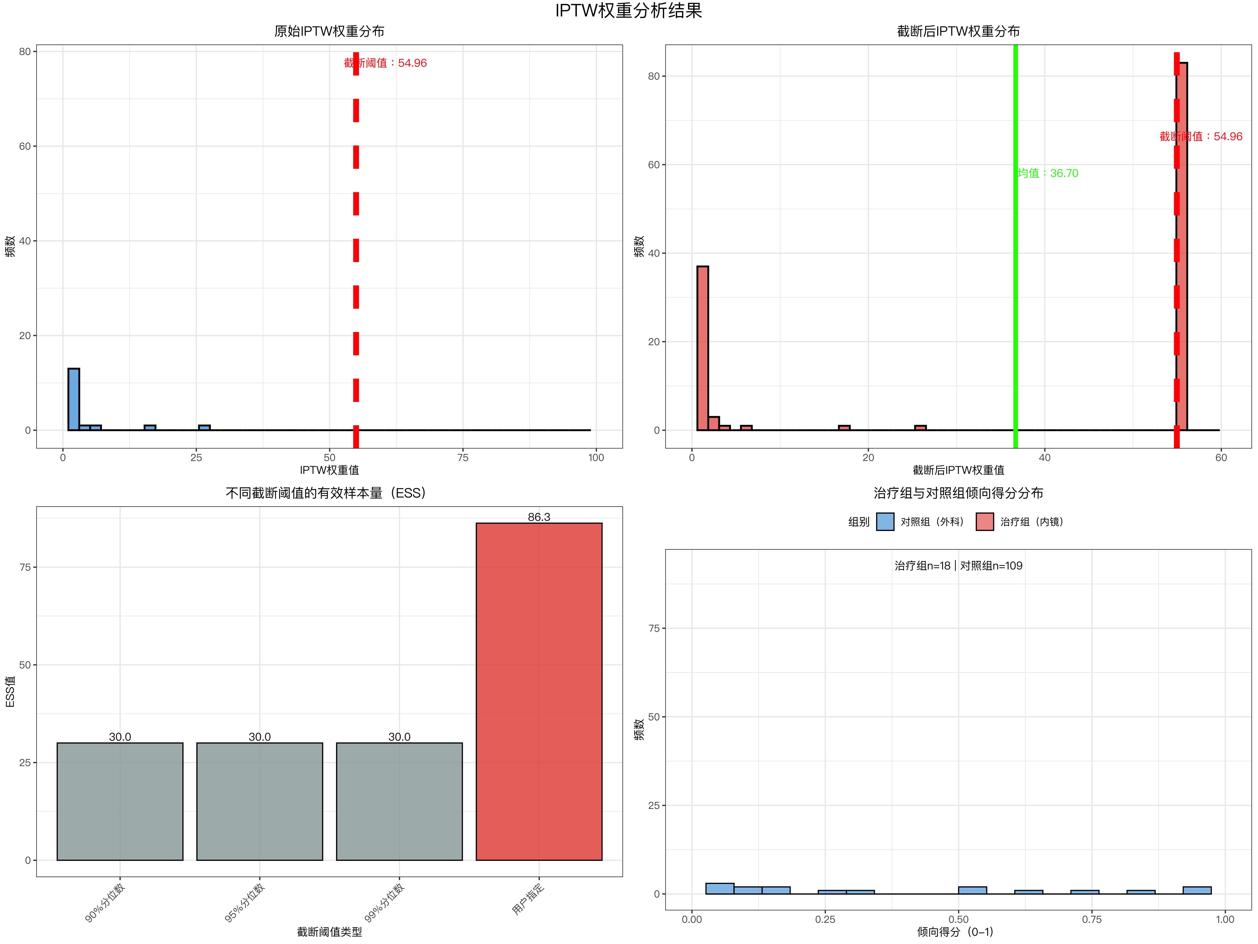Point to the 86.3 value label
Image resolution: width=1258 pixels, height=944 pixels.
click(x=539, y=517)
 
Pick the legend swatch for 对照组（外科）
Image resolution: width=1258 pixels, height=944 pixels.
click(x=885, y=522)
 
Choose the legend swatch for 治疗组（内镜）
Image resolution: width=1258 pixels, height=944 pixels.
click(x=984, y=522)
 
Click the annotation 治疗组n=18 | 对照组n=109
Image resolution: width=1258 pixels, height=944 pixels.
click(x=958, y=566)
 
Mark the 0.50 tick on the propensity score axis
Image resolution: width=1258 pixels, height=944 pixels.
click(x=958, y=919)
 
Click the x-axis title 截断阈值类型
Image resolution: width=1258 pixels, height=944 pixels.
click(x=329, y=931)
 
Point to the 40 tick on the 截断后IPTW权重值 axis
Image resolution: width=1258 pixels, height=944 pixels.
click(x=1045, y=458)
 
